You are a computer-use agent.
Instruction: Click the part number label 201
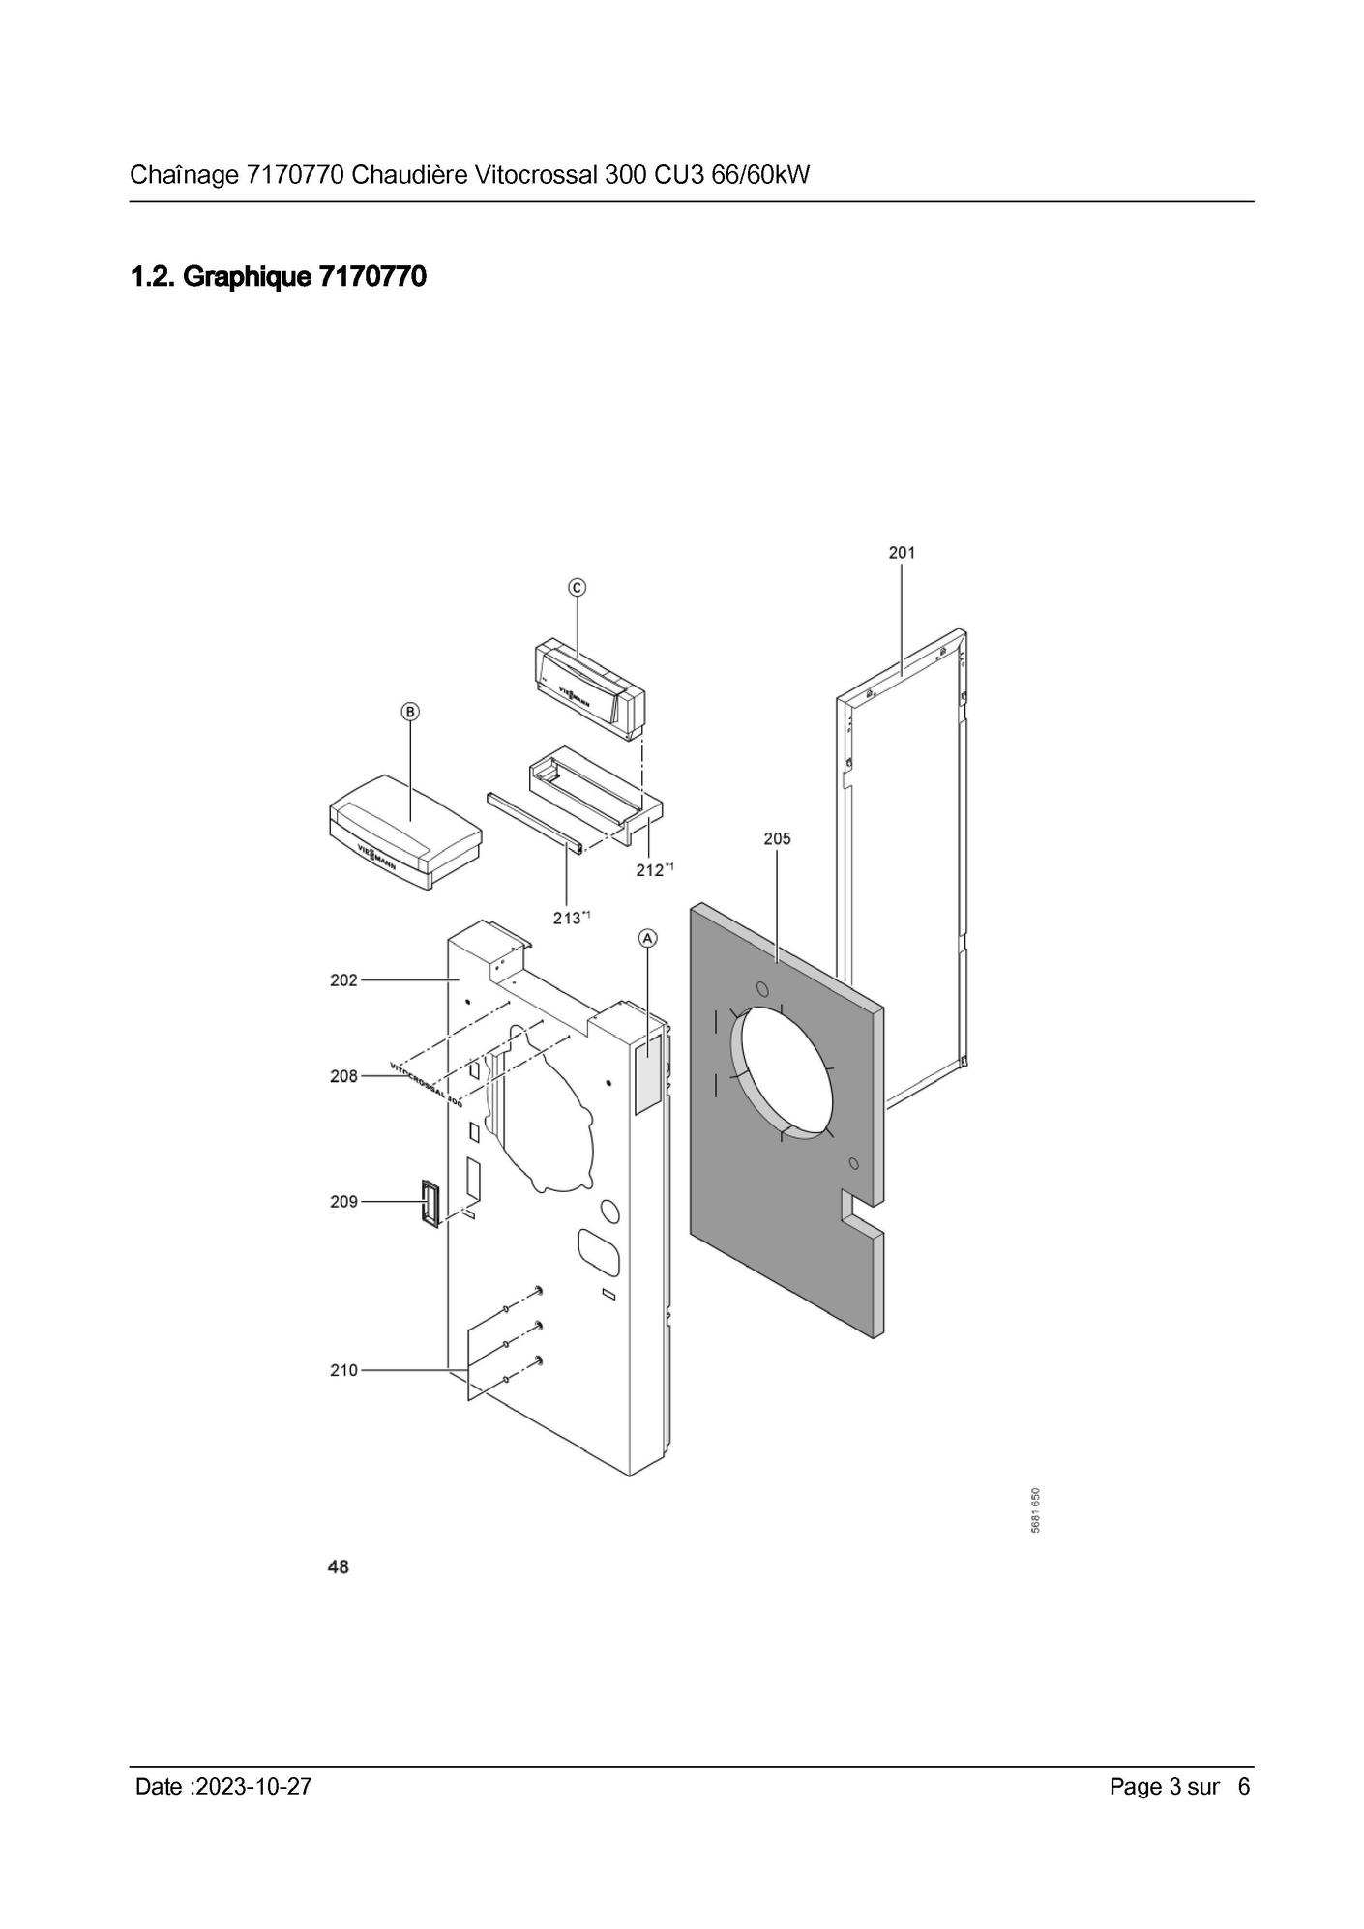902,553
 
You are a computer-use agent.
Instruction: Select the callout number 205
777,838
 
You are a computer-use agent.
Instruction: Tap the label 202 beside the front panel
343,979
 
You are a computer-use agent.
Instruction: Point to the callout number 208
343,1076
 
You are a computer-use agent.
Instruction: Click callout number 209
343,1202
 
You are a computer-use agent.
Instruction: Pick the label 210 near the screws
343,1370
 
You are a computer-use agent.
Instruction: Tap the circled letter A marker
647,938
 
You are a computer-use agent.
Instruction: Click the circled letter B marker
410,712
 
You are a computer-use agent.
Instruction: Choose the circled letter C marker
577,587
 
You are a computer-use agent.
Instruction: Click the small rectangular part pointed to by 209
430,1203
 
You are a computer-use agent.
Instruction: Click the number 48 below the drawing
339,1566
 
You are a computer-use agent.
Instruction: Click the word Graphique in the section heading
247,278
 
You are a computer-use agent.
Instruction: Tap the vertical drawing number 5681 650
1035,1509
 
